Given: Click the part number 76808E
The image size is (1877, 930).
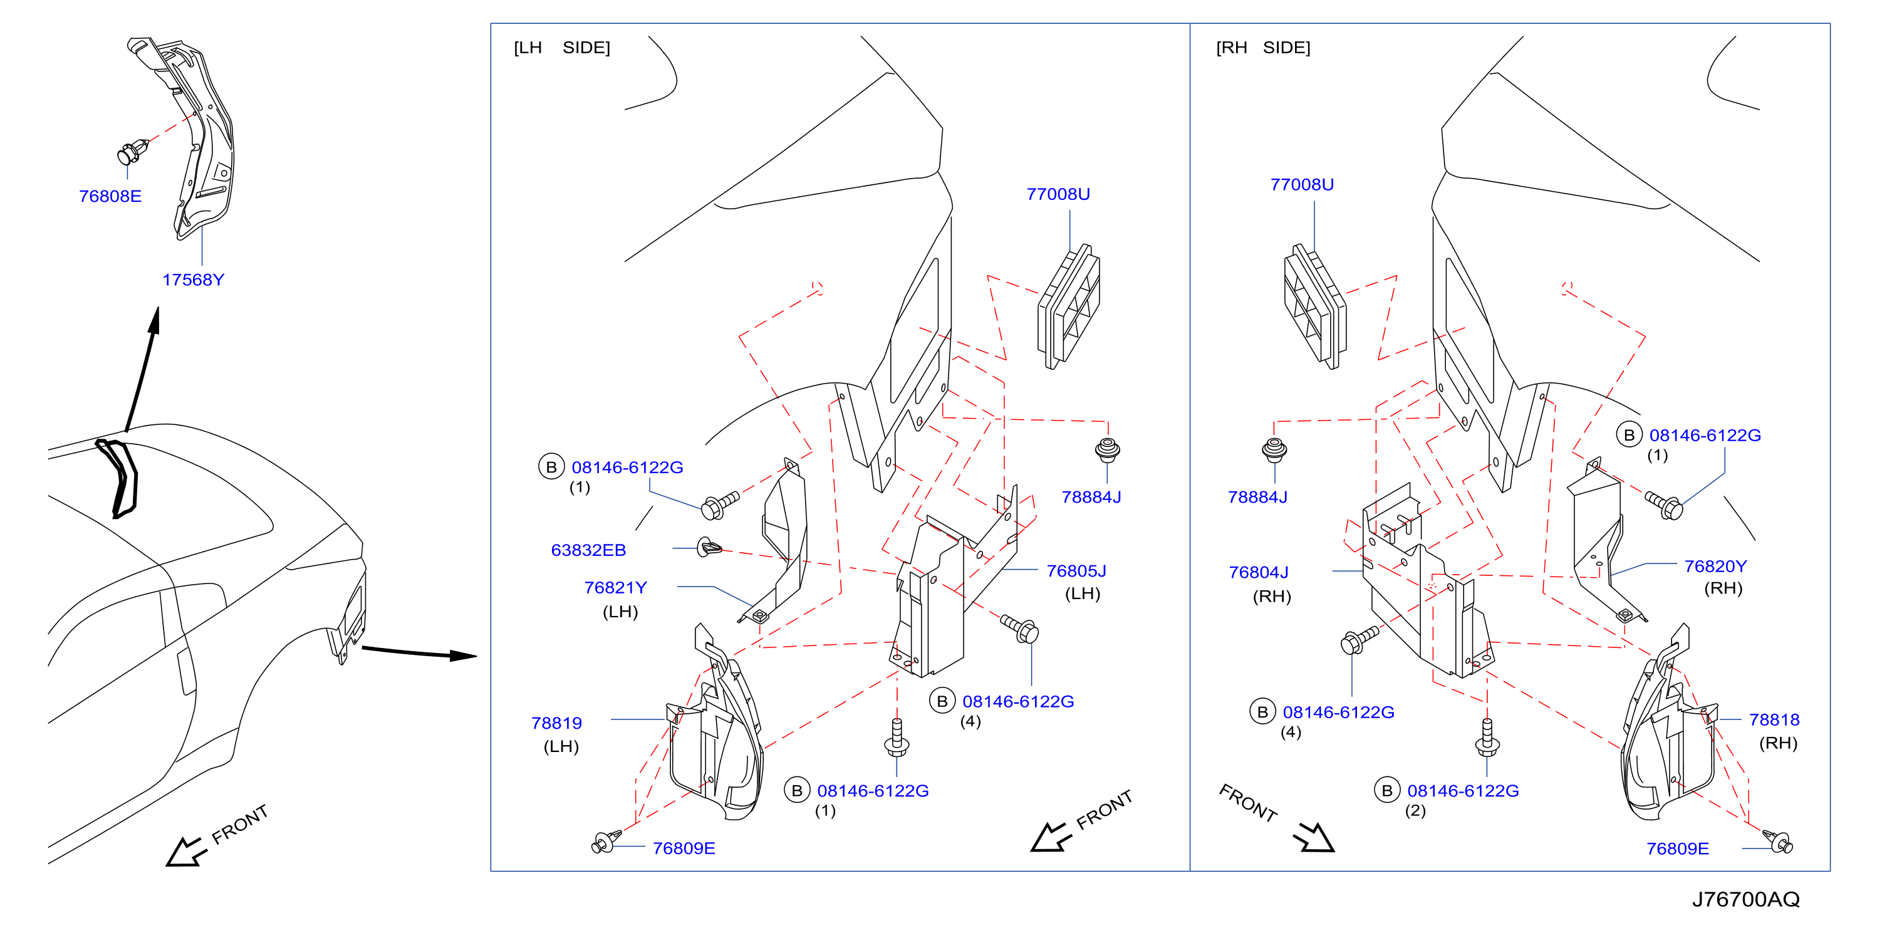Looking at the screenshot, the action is click(110, 196).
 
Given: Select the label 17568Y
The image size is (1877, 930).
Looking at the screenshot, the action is click(193, 280).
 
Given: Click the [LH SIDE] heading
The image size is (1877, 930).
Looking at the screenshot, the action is click(562, 48).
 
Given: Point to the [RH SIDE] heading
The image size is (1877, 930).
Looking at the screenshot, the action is click(1263, 48).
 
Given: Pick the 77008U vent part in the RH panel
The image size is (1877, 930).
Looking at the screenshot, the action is click(1315, 306).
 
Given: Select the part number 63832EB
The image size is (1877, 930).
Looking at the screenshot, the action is click(588, 550).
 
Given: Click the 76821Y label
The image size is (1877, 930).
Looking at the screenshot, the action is click(615, 587).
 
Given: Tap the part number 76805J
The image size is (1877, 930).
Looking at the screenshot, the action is click(1076, 571).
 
